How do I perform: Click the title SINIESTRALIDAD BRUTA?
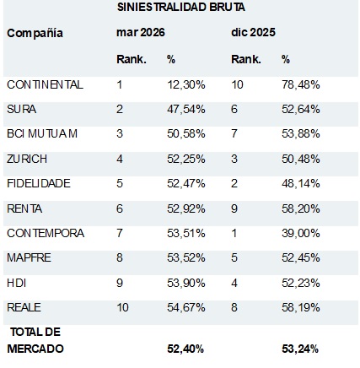point(180,8)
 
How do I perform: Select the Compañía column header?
point(35,34)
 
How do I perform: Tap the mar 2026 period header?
point(141,32)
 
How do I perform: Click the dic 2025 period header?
point(253,32)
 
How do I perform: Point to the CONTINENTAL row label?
point(45,84)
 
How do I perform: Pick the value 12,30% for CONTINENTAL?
point(186,84)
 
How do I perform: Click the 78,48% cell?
point(301,84)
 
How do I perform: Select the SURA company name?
point(22,109)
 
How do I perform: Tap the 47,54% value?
point(186,109)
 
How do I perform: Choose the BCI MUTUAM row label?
point(42,133)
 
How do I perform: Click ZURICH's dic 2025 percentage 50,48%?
point(301,159)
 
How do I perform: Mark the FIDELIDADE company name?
point(39,183)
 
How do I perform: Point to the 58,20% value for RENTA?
point(301,208)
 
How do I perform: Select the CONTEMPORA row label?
point(46,233)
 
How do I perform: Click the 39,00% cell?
point(301,233)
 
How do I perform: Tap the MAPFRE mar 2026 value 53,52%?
point(186,257)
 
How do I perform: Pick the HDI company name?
point(17,283)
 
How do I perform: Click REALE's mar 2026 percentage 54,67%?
point(186,307)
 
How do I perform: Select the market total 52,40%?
point(185,349)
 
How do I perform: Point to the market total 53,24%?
point(300,349)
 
